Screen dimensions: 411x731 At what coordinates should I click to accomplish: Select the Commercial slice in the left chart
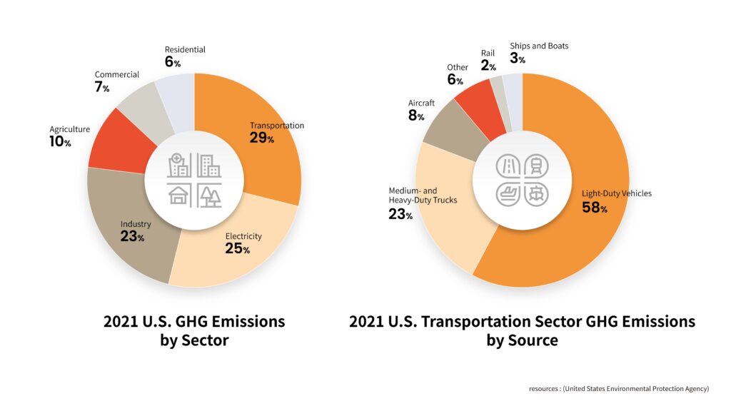click(144, 113)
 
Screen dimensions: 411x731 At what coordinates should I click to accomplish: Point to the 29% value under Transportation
click(261, 138)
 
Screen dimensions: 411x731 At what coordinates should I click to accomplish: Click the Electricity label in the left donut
click(243, 236)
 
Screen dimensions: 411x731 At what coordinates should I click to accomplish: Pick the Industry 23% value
click(132, 236)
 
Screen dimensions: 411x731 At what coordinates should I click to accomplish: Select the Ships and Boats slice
click(513, 100)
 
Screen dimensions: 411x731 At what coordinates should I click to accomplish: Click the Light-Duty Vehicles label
click(617, 193)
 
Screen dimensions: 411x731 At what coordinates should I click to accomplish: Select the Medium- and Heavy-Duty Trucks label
click(423, 196)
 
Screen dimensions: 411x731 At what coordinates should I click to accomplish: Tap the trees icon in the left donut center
click(209, 195)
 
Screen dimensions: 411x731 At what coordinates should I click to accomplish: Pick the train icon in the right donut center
click(537, 166)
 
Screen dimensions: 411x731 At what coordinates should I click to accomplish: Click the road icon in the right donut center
click(508, 166)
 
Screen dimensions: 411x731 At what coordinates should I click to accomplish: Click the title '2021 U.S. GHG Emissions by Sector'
click(194, 330)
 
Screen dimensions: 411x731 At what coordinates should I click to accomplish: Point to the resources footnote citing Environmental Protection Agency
click(619, 389)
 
